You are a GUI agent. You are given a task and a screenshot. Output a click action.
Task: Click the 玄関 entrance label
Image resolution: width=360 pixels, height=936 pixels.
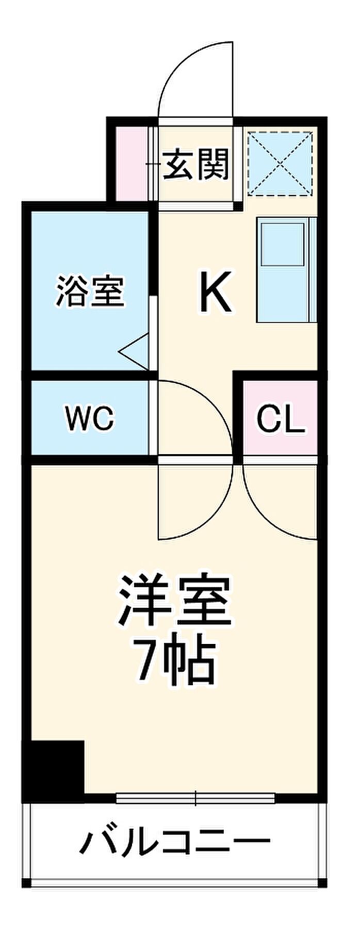(196, 165)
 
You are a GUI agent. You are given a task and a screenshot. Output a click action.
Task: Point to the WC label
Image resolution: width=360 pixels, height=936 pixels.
(89, 418)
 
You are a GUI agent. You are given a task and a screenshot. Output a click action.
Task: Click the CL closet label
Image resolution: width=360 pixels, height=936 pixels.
(281, 419)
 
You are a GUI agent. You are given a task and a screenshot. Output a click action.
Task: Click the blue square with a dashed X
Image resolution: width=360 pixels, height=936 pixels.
(280, 164)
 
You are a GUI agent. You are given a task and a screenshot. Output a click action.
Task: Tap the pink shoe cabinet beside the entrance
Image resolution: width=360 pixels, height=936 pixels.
(131, 164)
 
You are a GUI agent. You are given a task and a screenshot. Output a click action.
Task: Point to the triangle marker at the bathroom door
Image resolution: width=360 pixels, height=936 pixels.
(135, 351)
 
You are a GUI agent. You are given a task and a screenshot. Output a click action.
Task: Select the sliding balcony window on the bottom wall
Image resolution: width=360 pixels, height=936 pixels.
(196, 798)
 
